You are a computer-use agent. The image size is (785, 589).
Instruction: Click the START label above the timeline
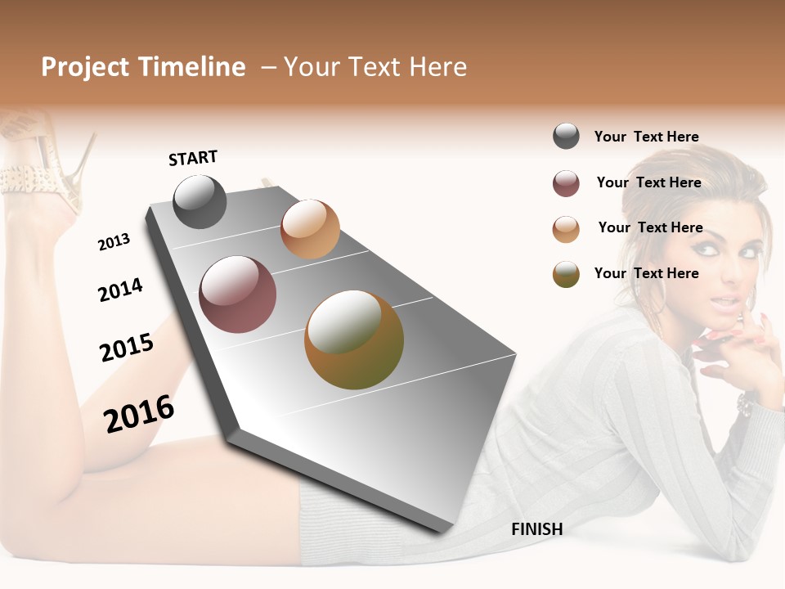pos(193,158)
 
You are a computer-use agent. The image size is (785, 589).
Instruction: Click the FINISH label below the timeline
pos(536,529)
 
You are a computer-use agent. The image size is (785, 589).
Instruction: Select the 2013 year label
pos(114,242)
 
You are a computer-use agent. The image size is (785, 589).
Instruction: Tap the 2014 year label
pos(120,290)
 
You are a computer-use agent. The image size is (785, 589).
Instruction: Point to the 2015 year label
pos(127,348)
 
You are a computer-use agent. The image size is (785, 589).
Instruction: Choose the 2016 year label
pos(139,414)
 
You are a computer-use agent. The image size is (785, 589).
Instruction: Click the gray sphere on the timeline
pos(200,201)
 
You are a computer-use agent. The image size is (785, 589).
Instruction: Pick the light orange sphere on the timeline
pos(310,229)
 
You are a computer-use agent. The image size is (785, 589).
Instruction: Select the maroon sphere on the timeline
pos(237,294)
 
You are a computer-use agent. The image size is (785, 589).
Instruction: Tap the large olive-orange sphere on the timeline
pos(354,339)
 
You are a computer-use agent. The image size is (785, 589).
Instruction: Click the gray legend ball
pos(566,137)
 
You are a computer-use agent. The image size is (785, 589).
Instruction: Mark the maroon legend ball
pos(566,183)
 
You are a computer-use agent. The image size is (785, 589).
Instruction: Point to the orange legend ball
pos(566,229)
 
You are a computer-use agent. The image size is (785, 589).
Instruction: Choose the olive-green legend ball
pos(566,274)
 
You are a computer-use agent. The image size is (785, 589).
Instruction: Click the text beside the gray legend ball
pos(646,137)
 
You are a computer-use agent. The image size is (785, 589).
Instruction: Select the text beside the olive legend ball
pos(646,273)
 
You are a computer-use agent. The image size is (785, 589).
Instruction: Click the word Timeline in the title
pos(191,67)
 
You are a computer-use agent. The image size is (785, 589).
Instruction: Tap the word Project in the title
pos(85,67)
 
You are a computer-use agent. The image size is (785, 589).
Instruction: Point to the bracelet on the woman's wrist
pos(746,402)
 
